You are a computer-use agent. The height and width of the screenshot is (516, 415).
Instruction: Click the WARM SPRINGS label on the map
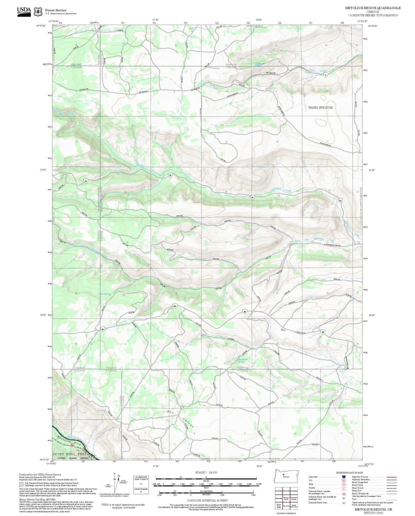pos(320,108)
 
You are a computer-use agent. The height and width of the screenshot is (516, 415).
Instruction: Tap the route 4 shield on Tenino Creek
pos(325,75)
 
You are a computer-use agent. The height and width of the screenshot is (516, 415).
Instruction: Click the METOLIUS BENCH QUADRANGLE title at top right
pos(373,8)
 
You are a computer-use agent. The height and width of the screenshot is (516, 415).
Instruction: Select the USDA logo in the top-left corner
pos(24,11)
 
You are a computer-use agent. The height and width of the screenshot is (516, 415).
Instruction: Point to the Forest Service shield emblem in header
pos(38,12)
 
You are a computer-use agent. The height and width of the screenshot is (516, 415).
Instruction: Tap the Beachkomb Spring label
pos(243,360)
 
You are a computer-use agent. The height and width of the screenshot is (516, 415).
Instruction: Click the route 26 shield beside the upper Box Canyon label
pos(323,332)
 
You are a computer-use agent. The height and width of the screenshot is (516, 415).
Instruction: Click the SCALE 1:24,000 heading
pos(206,472)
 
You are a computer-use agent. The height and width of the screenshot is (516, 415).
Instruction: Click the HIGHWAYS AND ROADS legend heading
pos(349,473)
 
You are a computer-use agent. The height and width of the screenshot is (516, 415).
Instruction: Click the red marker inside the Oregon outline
pos(283,475)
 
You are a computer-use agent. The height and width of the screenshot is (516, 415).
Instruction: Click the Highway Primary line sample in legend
pos(391,477)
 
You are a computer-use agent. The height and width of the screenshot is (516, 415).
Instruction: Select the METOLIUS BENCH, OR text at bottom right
pos(373,509)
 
